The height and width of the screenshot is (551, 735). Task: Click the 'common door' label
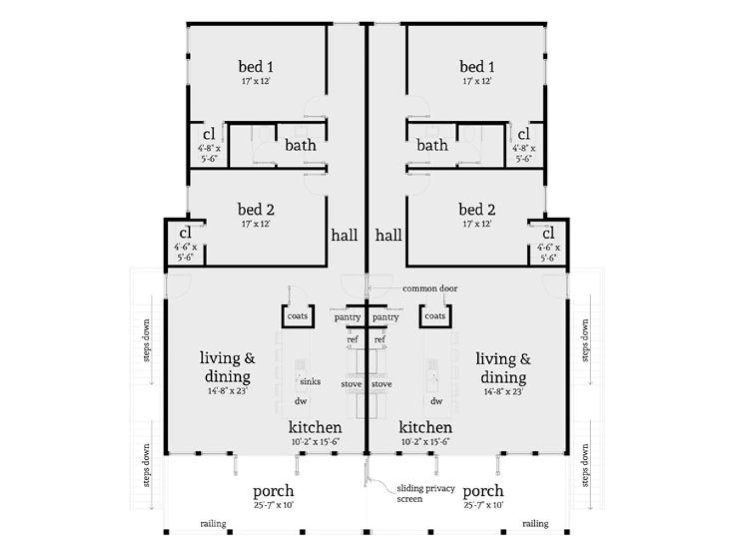click(x=430, y=288)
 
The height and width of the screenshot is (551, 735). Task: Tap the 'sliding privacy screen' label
click(x=425, y=494)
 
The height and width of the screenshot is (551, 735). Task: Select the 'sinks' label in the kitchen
click(x=310, y=382)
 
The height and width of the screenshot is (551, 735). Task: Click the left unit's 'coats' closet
click(x=297, y=316)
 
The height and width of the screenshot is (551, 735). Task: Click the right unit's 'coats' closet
click(x=435, y=316)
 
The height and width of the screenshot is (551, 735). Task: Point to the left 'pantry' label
click(x=347, y=317)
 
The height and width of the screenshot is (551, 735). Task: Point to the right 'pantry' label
click(x=385, y=317)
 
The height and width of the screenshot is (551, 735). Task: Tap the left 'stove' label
click(x=351, y=384)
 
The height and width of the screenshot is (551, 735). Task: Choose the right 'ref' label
click(x=380, y=340)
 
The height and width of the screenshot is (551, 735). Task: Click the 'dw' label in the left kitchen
click(x=300, y=401)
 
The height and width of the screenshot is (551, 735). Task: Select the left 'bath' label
click(x=300, y=145)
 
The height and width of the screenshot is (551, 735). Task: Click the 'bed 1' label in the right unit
click(x=477, y=66)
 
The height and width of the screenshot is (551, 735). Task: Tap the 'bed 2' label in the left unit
click(x=256, y=209)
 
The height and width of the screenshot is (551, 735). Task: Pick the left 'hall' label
click(x=344, y=235)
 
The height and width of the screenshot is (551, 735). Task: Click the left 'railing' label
click(x=213, y=523)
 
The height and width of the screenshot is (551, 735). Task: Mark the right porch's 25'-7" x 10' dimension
click(x=484, y=505)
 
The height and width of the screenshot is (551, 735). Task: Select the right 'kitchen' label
click(x=425, y=427)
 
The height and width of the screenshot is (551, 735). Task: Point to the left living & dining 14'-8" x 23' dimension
click(x=227, y=391)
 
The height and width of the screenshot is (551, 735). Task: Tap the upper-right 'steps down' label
click(x=585, y=341)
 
